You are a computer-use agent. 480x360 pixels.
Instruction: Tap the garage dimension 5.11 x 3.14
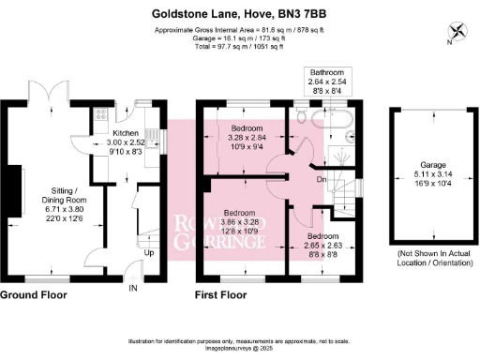432,176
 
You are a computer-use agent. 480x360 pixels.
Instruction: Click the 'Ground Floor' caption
33,294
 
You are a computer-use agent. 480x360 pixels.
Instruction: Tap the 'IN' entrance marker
133,287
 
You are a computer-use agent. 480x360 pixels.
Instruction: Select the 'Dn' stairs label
322,179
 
